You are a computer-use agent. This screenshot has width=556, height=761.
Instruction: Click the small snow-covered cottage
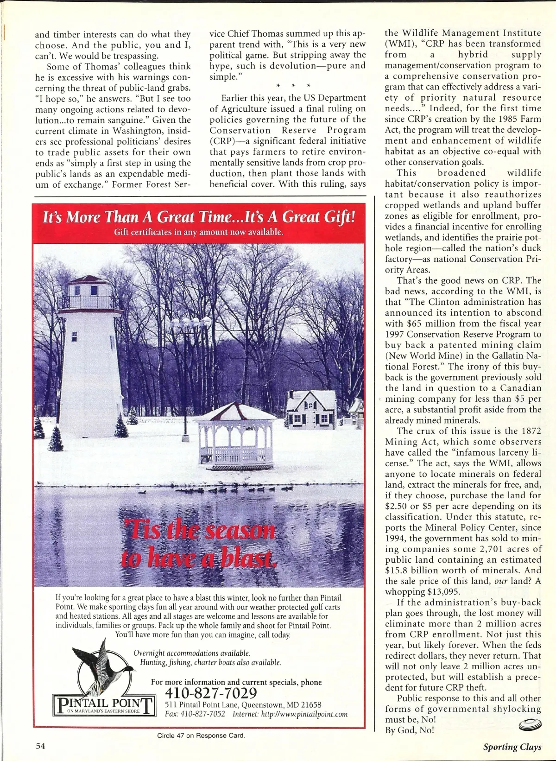point(311,408)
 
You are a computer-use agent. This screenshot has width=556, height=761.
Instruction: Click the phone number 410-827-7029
point(211,693)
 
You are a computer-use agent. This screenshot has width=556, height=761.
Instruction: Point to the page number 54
point(41,746)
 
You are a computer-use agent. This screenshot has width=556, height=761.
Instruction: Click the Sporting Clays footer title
point(512,747)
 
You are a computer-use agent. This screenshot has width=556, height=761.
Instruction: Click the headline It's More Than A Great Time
point(199,217)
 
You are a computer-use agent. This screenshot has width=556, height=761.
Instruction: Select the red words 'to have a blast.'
point(198,558)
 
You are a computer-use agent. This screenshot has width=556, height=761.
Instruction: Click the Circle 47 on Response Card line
point(201,735)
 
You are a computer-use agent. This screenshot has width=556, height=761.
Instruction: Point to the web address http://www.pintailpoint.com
point(304,714)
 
